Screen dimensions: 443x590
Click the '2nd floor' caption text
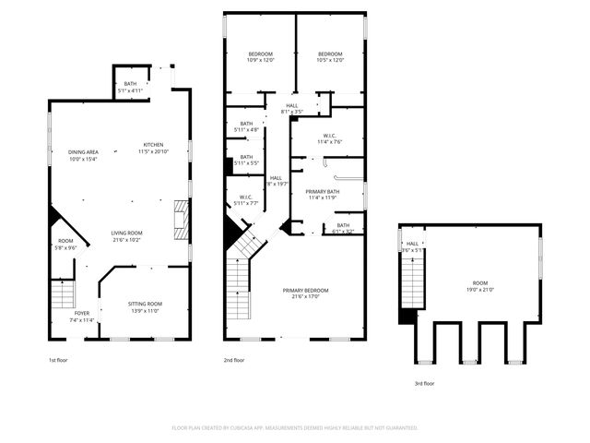pyautogui.click(x=233, y=360)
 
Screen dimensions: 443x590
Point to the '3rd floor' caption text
pyautogui.click(x=423, y=383)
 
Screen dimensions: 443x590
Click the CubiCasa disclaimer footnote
pyautogui.click(x=295, y=427)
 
